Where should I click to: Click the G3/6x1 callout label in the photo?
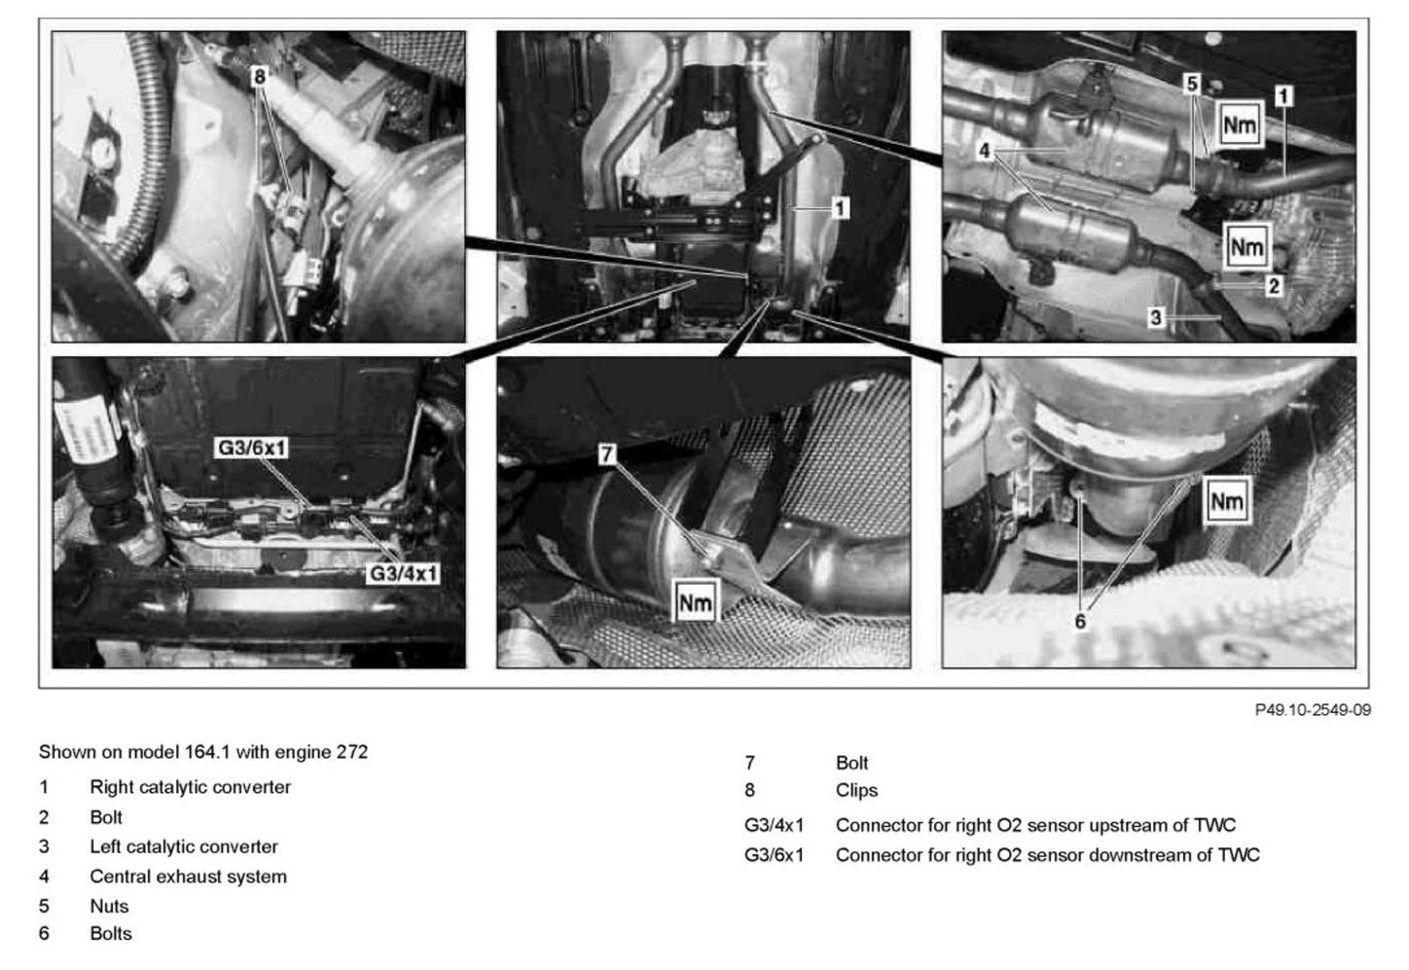tap(252, 448)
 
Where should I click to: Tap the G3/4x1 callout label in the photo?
tap(403, 573)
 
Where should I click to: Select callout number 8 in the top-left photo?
tap(259, 77)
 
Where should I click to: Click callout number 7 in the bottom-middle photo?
tap(606, 454)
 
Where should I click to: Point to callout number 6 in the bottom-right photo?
tap(1080, 622)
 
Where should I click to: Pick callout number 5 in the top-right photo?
tap(1191, 84)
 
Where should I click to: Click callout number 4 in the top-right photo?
tap(985, 151)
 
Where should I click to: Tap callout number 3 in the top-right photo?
tap(1155, 318)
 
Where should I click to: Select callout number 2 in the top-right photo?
tap(1274, 286)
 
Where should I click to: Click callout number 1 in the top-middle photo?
tap(839, 208)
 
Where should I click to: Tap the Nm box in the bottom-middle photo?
tap(695, 602)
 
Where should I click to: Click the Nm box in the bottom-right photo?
tap(1227, 501)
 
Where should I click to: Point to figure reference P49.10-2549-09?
tap(1313, 710)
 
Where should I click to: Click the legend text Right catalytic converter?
tap(190, 787)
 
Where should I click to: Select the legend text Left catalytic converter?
tap(184, 846)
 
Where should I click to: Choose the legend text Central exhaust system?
tap(188, 877)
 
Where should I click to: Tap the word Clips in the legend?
tap(856, 790)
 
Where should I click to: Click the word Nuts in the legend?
tap(109, 907)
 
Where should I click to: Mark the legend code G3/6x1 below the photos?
tap(774, 855)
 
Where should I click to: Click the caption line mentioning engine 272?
tap(203, 752)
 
